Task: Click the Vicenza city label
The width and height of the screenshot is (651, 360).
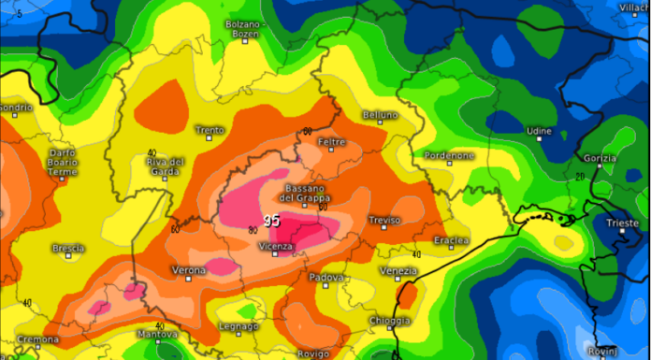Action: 276,246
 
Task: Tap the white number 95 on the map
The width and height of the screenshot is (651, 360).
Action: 271,222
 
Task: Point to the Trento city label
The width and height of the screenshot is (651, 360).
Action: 209,130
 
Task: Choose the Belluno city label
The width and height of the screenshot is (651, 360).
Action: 379,115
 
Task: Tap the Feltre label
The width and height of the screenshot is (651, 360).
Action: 332,142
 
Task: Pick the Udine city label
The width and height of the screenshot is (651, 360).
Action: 540,132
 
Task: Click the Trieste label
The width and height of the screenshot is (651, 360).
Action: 622,223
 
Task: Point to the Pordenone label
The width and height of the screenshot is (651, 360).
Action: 448,155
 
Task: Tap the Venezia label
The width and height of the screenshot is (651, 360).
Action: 398,270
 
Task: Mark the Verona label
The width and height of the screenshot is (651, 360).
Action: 190,270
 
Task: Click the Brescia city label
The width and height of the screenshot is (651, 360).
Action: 68,248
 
